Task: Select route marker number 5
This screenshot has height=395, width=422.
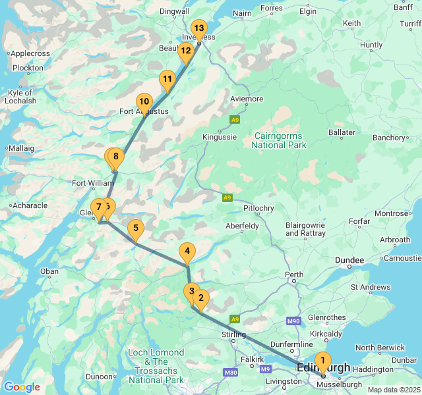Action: pyautogui.click(x=135, y=229)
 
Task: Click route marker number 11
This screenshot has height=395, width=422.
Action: pyautogui.click(x=167, y=80)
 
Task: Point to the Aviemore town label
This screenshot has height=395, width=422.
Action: pyautogui.click(x=247, y=99)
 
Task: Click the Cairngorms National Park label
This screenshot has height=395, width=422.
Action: pyautogui.click(x=280, y=140)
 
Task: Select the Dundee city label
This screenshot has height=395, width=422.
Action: pyautogui.click(x=349, y=261)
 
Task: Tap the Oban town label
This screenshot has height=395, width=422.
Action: pyautogui.click(x=49, y=271)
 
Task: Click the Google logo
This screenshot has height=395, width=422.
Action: pyautogui.click(x=22, y=387)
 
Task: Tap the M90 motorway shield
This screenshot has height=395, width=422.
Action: pyautogui.click(x=294, y=321)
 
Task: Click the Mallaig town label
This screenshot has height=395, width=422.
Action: pyautogui.click(x=21, y=149)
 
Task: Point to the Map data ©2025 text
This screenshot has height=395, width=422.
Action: pyautogui.click(x=393, y=390)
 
